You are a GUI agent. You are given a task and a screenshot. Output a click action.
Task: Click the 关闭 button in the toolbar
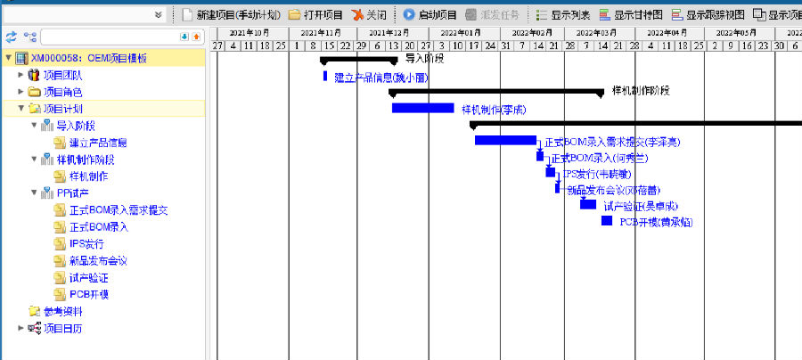[x=369, y=15]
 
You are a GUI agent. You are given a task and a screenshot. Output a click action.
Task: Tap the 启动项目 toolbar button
[x=430, y=15]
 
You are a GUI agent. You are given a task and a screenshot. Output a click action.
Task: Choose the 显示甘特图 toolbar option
[x=630, y=15]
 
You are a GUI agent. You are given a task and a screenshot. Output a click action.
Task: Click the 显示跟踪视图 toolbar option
[x=708, y=15]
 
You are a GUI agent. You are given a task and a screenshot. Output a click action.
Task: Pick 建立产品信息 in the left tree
[x=97, y=143]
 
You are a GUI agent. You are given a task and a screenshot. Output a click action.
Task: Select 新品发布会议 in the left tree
[x=97, y=260]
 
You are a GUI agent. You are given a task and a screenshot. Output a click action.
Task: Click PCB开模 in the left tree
[x=88, y=294]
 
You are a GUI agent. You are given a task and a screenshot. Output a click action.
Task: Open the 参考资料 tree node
[x=62, y=311]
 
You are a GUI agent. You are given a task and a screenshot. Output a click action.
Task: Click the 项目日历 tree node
[x=62, y=328]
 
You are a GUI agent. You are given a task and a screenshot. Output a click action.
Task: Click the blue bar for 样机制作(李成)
[x=422, y=109]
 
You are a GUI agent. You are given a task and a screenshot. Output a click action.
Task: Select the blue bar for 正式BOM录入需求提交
[x=504, y=140]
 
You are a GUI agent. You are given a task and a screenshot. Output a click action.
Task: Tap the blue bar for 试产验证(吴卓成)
[x=588, y=204]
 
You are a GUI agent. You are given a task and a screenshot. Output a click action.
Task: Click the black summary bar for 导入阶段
[x=358, y=60]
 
